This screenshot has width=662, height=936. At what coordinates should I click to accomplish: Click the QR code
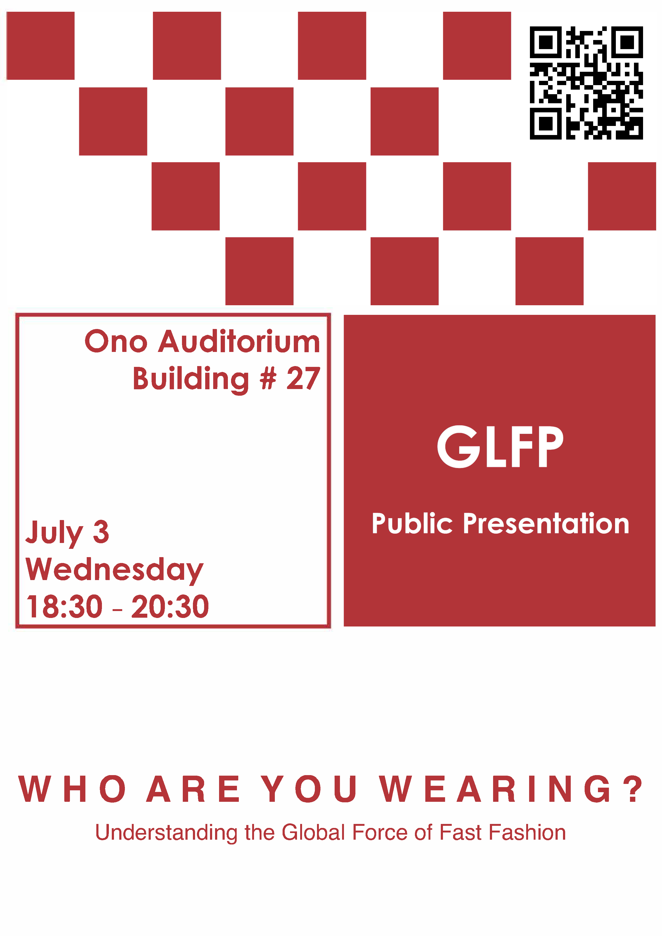[x=586, y=83]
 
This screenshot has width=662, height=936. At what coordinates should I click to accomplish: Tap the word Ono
[x=116, y=341]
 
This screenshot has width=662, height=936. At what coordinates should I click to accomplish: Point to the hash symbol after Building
[x=268, y=378]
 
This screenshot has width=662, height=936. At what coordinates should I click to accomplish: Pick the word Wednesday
[x=114, y=570]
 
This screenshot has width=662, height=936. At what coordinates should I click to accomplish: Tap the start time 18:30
[x=64, y=606]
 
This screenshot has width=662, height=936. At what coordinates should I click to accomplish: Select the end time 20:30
[x=170, y=606]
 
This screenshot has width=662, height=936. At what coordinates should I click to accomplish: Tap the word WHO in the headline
[x=73, y=789]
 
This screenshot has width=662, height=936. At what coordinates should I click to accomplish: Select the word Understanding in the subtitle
[x=166, y=832]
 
